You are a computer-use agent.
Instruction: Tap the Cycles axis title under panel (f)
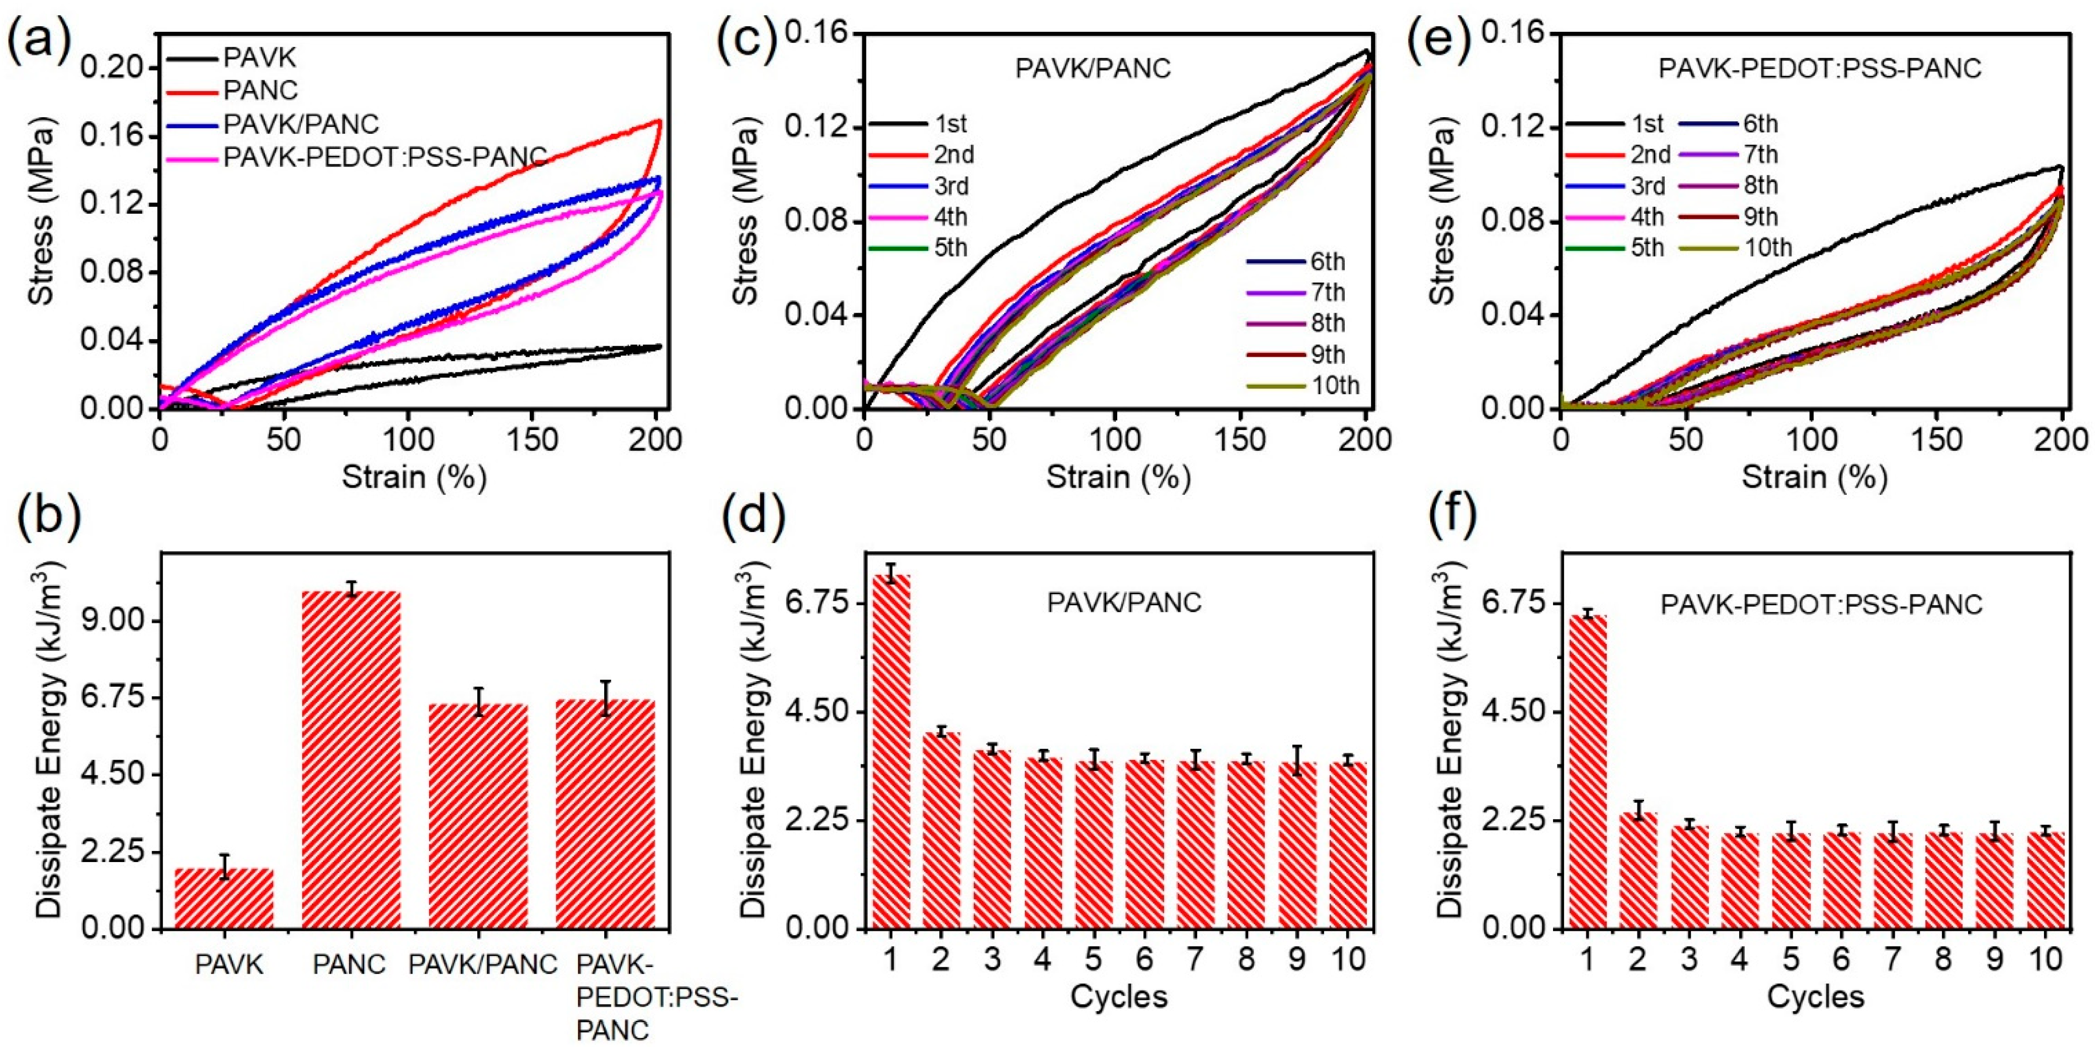pos(1815,996)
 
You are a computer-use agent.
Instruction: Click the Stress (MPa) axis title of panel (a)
pos(42,213)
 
